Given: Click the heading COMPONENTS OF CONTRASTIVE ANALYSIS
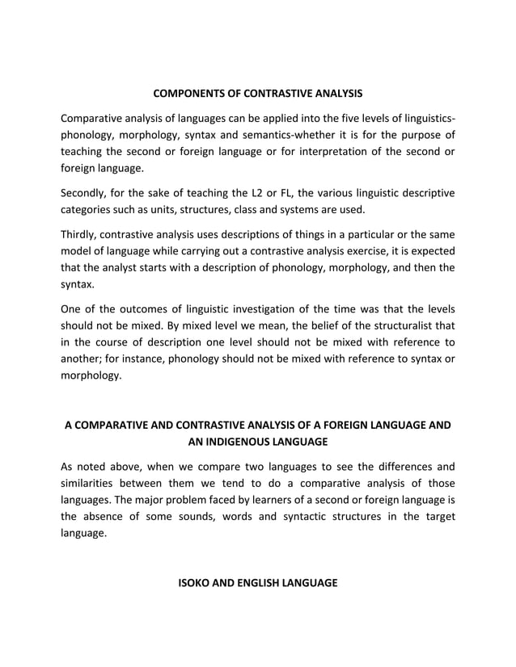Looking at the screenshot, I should point(257,94).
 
